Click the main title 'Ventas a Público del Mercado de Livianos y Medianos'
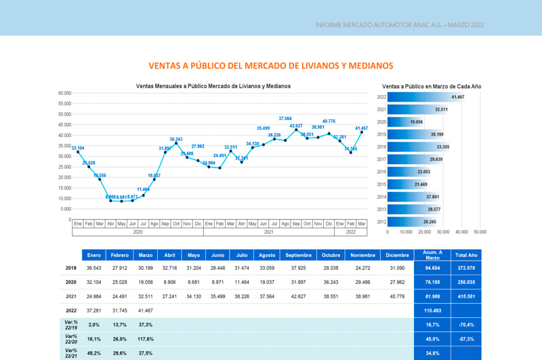point(271,66)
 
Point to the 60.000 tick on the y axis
point(64,94)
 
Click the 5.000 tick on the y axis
point(66,209)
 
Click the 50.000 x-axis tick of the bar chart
point(480,232)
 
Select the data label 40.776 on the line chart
point(329,121)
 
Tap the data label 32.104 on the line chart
point(77,148)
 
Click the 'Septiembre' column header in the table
point(299,256)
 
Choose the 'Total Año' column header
point(466,256)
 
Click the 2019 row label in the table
point(71,268)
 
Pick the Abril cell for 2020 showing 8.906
point(169,282)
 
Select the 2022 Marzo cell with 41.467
point(145,310)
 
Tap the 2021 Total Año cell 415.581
point(466,296)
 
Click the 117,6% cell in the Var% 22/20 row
point(145,339)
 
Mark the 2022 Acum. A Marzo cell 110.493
point(432,310)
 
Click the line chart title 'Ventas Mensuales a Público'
point(213,86)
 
